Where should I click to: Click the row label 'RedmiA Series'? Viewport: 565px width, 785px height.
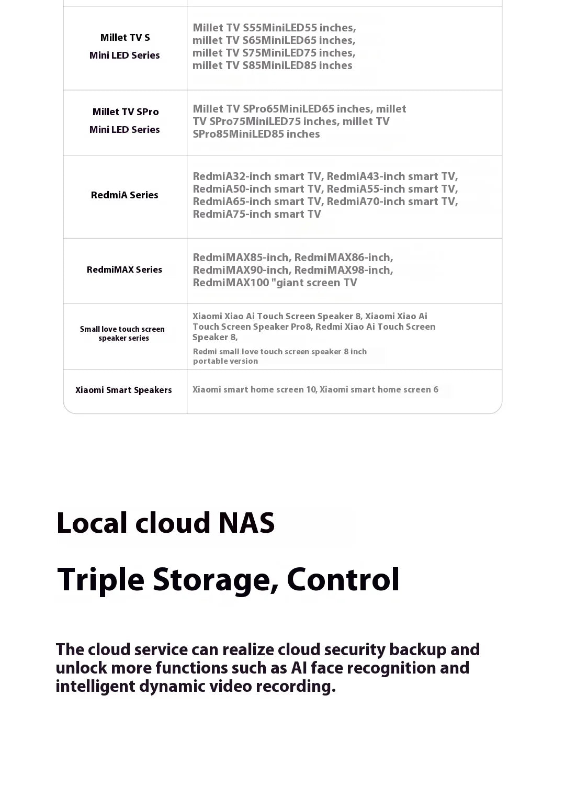(125, 195)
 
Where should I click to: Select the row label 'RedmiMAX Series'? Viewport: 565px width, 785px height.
(125, 270)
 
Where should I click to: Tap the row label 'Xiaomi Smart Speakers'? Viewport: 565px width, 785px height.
(123, 390)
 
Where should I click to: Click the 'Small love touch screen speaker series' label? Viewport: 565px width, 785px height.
(122, 334)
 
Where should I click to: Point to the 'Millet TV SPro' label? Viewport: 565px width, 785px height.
(126, 112)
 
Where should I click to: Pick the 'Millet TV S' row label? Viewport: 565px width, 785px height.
(125, 38)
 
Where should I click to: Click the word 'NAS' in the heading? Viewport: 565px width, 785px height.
(246, 523)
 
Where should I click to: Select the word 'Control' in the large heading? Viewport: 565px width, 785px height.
(343, 580)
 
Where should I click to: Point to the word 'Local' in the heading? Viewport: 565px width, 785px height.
(92, 523)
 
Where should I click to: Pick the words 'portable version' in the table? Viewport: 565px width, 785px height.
(225, 362)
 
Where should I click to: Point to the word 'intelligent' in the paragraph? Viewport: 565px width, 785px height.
(95, 687)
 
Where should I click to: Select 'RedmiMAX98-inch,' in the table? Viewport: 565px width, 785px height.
(344, 271)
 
